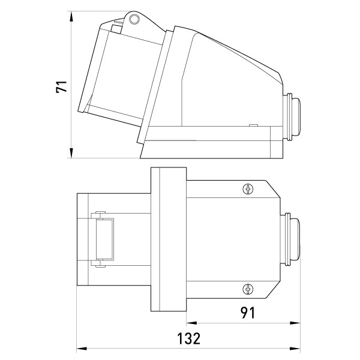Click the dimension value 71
tap(62, 86)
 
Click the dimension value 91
tap(248, 313)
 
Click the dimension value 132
tap(189, 338)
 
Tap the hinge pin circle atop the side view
tap(134, 19)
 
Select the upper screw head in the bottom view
tap(248, 189)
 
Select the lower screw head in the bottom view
tap(248, 289)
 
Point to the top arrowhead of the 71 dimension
tap(71, 16)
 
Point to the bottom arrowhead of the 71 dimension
tap(71, 153)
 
